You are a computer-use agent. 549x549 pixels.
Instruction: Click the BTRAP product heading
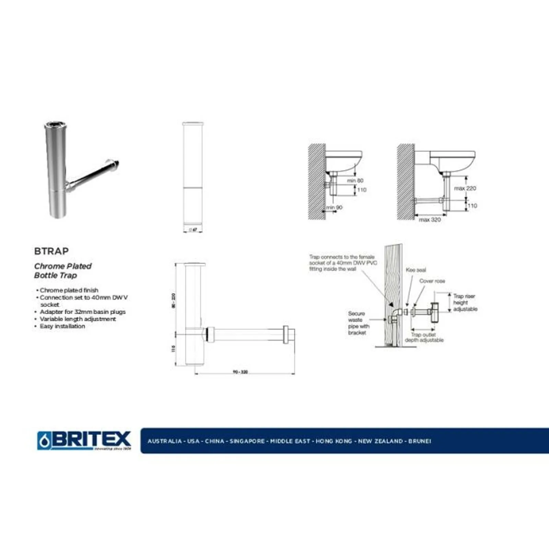(51, 251)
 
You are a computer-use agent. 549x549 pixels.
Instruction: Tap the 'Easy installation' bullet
(62, 326)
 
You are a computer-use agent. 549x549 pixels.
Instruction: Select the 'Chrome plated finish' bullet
(69, 290)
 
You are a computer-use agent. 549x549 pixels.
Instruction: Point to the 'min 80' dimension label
(355, 180)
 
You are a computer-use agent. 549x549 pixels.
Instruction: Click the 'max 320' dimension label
(430, 220)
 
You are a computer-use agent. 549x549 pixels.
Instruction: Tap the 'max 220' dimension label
(465, 188)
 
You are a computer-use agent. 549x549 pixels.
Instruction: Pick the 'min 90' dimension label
(334, 208)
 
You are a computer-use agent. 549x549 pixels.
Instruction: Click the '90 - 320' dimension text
(240, 372)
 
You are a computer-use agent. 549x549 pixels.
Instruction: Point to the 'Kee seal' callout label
(416, 270)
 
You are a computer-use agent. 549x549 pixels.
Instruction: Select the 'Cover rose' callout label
(432, 281)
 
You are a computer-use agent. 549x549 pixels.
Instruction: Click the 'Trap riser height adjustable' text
(465, 303)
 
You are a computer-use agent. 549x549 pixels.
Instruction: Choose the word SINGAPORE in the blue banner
(247, 441)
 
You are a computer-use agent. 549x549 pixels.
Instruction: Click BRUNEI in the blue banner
(420, 441)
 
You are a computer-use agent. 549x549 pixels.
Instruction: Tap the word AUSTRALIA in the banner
(165, 441)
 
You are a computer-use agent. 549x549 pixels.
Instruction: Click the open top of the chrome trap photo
(55, 125)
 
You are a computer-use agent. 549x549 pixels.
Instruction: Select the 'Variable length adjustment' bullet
(78, 319)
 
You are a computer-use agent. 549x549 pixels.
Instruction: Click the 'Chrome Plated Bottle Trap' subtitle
(63, 271)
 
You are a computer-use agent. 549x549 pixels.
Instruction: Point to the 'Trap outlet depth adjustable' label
(424, 337)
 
